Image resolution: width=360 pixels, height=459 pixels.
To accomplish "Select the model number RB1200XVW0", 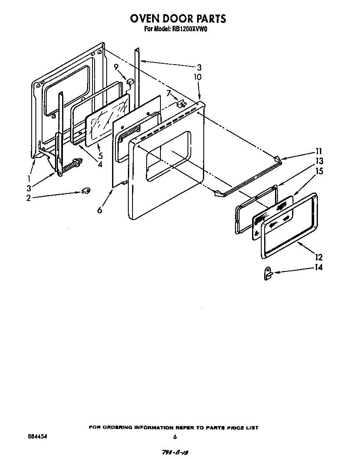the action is click(x=193, y=29).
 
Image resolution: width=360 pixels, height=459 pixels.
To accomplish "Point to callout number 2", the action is click(x=28, y=198).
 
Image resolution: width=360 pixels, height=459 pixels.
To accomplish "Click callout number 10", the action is click(x=197, y=77).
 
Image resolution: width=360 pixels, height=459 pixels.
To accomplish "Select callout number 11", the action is click(x=319, y=151).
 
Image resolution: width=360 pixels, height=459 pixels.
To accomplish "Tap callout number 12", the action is click(x=319, y=257).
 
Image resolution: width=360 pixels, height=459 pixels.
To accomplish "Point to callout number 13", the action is click(x=319, y=161).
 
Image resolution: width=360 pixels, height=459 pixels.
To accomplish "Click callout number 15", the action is click(x=319, y=171).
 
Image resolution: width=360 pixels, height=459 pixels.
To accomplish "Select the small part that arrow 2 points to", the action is click(x=87, y=191).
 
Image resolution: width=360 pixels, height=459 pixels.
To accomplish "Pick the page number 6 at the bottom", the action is click(x=175, y=437).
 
